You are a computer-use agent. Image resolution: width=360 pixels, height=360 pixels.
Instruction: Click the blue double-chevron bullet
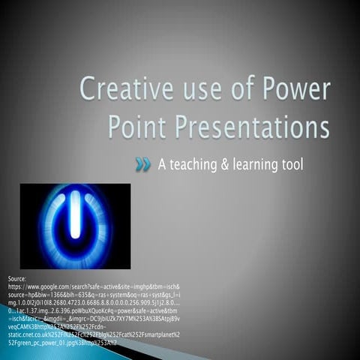coord(143,164)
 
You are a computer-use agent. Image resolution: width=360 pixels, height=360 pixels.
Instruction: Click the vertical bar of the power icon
coord(75,217)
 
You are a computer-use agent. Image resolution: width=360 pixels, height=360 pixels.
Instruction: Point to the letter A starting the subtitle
coord(162,164)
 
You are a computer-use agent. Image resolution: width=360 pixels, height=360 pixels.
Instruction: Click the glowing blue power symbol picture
coord(75,226)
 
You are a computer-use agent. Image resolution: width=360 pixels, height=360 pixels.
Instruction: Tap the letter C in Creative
coord(89,91)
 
